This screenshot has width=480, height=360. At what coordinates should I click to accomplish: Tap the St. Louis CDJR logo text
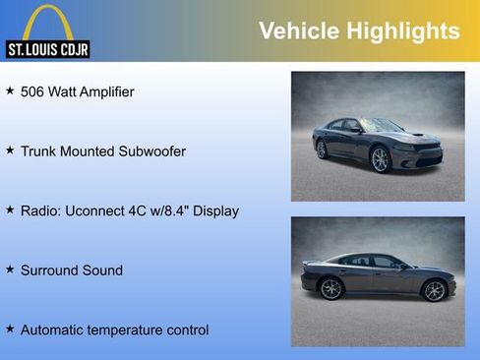[x=47, y=49]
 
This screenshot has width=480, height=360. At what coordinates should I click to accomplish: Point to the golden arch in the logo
[x=47, y=22]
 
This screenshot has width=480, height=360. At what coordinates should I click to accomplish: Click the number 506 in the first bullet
[x=33, y=91]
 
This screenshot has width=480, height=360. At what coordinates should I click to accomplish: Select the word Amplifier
[x=103, y=91]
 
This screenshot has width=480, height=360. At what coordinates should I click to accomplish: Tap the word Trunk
[x=39, y=151]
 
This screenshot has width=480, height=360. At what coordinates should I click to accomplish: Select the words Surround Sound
[x=72, y=270]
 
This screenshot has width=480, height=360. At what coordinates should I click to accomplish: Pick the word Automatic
[x=53, y=330]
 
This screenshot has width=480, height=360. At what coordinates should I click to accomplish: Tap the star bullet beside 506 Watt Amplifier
[x=10, y=90]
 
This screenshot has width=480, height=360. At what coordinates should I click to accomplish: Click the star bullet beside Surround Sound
[x=10, y=269]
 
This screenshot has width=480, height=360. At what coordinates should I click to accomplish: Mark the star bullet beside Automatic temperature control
[x=10, y=329]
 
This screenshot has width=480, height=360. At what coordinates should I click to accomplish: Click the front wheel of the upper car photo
[x=380, y=160]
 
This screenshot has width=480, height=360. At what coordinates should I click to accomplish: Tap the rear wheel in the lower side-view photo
[x=331, y=289]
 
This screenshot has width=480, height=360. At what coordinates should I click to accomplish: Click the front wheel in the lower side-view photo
[x=434, y=290]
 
